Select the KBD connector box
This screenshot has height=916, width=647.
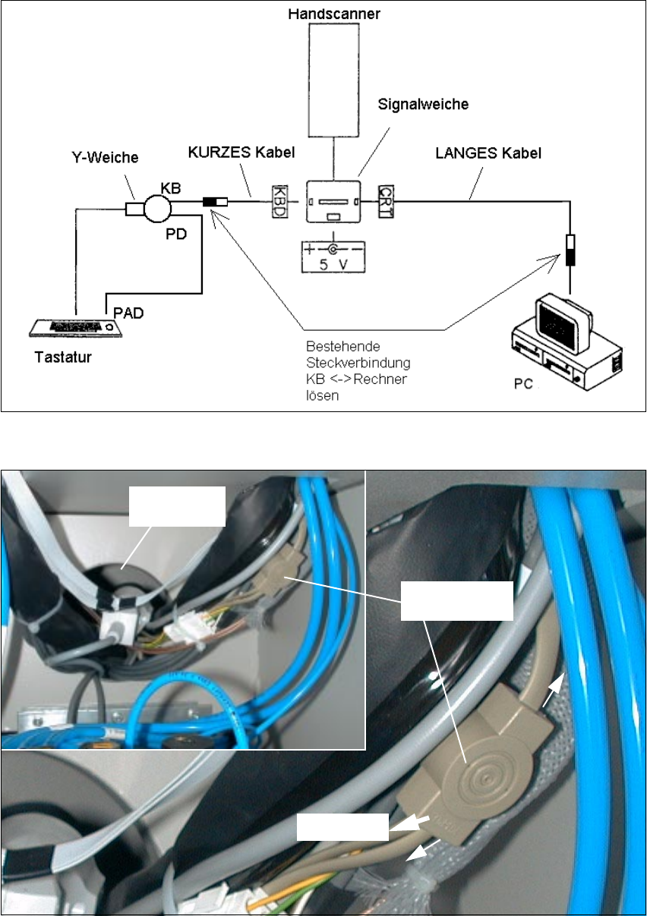pos(279,200)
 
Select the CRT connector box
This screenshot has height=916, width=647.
pos(385,200)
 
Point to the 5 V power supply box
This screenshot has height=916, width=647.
pos(332,256)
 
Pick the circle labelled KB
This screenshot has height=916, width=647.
pos(160,207)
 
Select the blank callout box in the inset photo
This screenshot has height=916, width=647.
pos(176,505)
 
